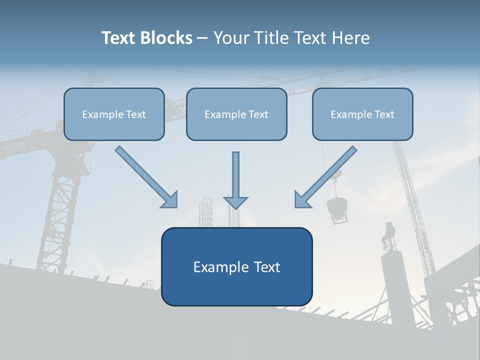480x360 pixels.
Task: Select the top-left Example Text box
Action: tap(114, 114)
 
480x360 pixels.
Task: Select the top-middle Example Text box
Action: tap(236, 114)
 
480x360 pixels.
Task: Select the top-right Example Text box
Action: tap(362, 114)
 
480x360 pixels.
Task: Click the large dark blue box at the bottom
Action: tap(236, 267)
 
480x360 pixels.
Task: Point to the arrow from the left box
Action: tap(145, 176)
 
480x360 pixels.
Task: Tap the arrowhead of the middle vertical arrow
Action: tap(235, 202)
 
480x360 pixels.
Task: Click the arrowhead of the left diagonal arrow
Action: tap(170, 200)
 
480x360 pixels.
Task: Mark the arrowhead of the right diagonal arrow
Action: tap(302, 199)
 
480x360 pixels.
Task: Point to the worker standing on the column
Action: tap(388, 235)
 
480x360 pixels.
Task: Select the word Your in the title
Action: tap(231, 38)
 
